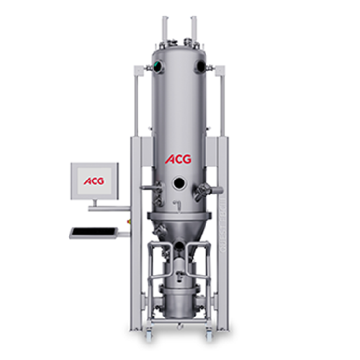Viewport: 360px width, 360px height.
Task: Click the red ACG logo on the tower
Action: (x=178, y=159)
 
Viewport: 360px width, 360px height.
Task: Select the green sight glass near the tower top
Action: (x=153, y=67)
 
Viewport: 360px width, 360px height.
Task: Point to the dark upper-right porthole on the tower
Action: (x=202, y=67)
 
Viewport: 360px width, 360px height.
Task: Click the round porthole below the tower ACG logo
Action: (x=178, y=185)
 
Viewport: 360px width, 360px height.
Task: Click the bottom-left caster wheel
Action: (x=150, y=332)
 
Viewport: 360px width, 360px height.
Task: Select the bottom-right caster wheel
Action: (x=210, y=332)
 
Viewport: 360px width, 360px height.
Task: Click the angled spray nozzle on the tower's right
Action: (x=204, y=190)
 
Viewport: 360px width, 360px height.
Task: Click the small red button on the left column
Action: (x=130, y=213)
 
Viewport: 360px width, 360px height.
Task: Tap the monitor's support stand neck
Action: (x=94, y=203)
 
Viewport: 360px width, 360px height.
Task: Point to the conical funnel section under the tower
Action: (x=178, y=230)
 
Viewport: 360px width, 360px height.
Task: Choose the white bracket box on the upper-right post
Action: (x=220, y=72)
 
